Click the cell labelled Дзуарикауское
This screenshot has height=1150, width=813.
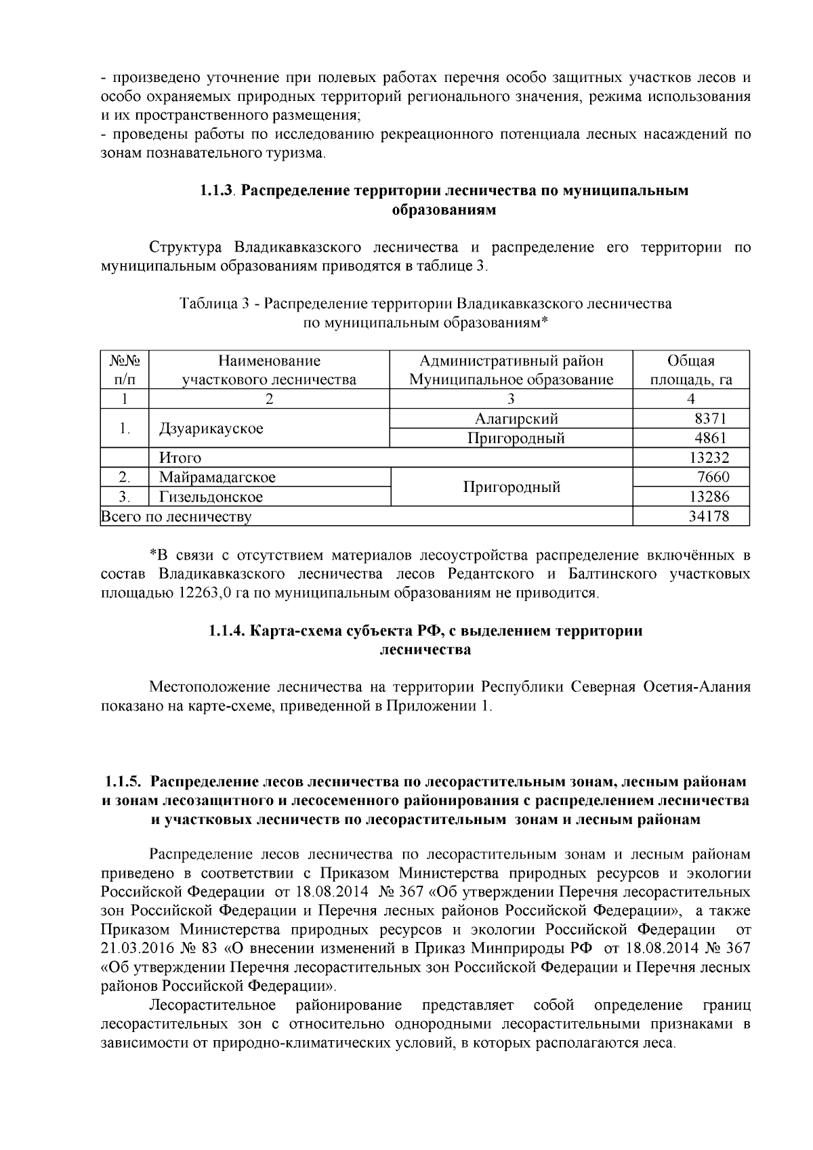211,429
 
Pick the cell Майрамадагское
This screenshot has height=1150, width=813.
217,478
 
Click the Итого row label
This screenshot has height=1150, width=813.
180,458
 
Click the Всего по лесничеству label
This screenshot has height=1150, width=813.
176,518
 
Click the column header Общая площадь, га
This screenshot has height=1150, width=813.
690,370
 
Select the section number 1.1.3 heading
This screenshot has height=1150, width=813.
216,190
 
